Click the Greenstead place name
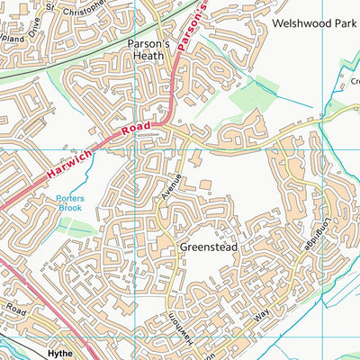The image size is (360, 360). tap(207, 245)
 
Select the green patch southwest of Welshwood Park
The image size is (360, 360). tap(251, 99)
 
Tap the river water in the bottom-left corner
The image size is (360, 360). tap(11, 346)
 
